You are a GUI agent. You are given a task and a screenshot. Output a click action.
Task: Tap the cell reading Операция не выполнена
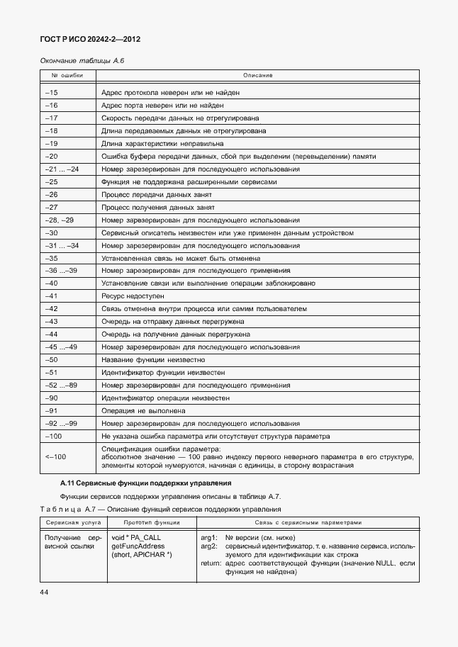pos(143,410)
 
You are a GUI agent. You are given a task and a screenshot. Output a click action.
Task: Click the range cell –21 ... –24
pos(62,169)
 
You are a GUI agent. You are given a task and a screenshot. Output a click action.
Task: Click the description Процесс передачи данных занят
pos(157,194)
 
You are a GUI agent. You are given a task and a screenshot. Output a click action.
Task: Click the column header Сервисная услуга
pos(70,522)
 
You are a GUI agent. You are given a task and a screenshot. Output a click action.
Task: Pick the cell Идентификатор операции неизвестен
pos(165,398)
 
